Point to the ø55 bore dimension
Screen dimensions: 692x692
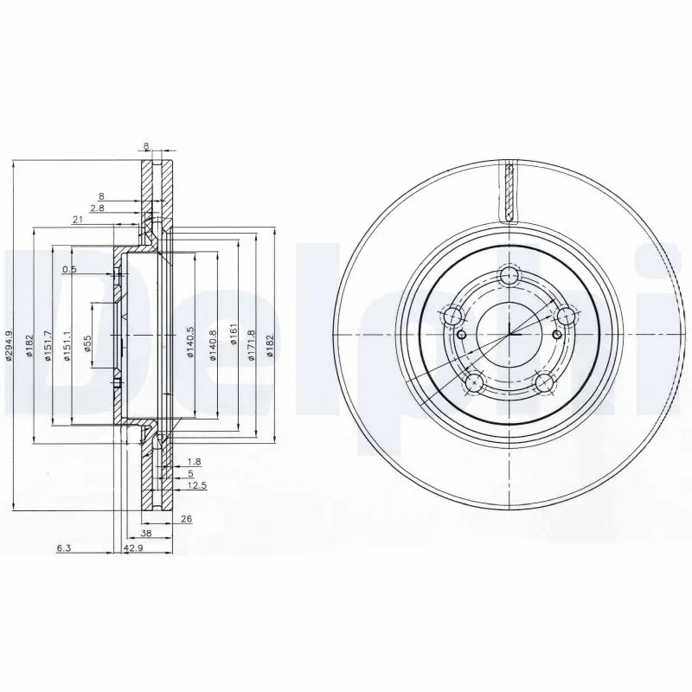(x=87, y=345)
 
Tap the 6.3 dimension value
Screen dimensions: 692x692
(x=63, y=548)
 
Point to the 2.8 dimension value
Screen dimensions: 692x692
(x=96, y=208)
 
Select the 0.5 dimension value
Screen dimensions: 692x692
(x=70, y=270)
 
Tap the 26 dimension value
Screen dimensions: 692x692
(x=187, y=519)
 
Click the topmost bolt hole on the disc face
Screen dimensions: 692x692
(x=509, y=277)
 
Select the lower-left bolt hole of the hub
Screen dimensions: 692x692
(x=473, y=381)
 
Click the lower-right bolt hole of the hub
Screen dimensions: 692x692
(x=543, y=381)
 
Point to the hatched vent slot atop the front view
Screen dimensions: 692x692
(x=509, y=192)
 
